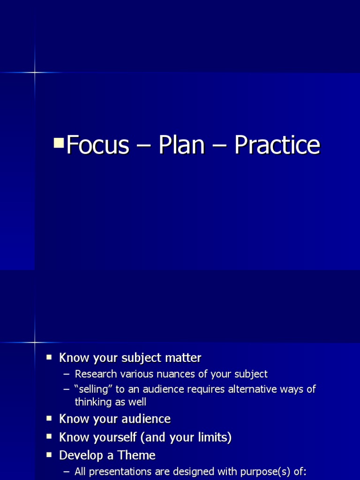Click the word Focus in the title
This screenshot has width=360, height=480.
click(97, 145)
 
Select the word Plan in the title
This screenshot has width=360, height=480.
click(181, 145)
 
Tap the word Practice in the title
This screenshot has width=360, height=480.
click(277, 145)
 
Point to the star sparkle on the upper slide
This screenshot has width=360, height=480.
click(35, 72)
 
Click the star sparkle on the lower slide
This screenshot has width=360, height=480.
click(35, 342)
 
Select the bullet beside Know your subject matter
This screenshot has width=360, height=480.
click(49, 357)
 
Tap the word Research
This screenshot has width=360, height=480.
click(96, 374)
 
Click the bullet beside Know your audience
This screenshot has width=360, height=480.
click(49, 418)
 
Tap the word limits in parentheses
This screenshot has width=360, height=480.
click(212, 438)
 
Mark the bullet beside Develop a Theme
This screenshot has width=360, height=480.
click(49, 455)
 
